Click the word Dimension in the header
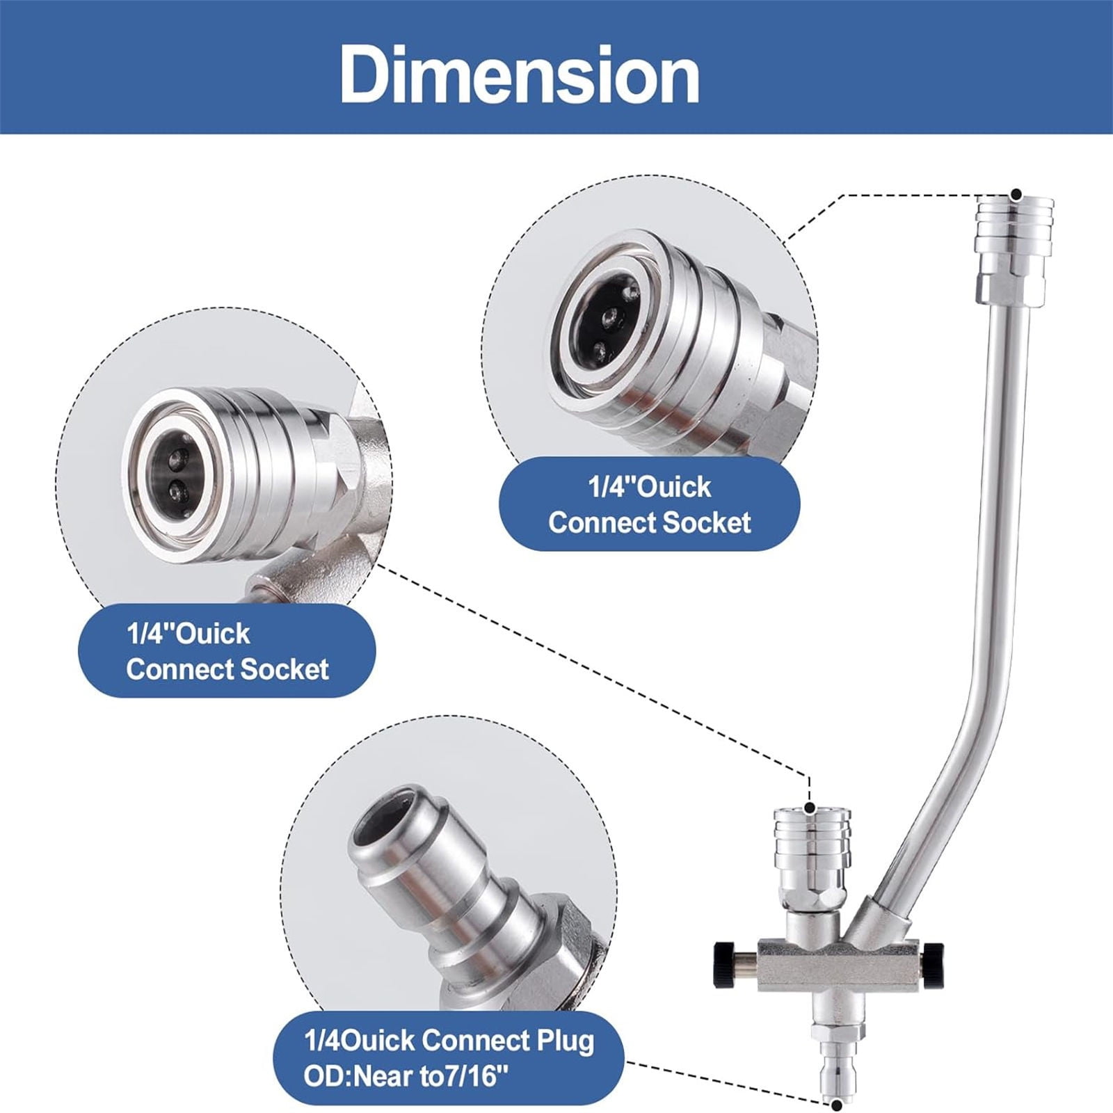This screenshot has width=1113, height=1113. [x=520, y=75]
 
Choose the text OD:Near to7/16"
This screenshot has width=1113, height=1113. [x=401, y=1077]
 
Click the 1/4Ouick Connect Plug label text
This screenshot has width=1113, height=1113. [x=449, y=1041]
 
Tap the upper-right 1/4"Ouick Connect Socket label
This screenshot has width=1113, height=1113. [x=650, y=505]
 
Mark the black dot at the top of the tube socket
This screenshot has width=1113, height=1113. [x=1016, y=175]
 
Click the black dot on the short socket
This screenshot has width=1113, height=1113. [x=809, y=808]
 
